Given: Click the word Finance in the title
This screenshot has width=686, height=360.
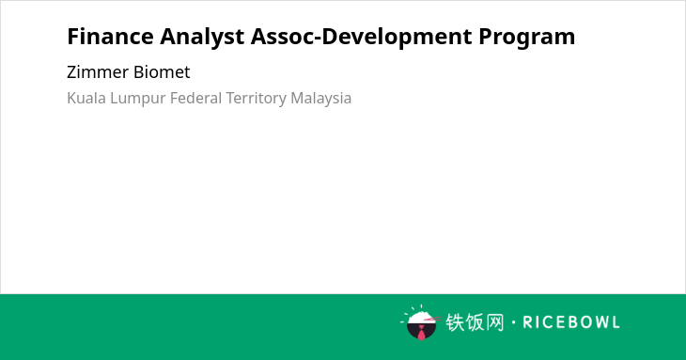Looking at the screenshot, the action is coord(110,37).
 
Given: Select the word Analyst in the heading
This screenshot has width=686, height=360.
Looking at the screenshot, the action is coord(202,38).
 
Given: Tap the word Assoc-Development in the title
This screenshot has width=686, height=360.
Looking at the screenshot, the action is coord(362,38).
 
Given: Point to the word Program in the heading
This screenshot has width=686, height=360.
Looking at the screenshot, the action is coord(527,38).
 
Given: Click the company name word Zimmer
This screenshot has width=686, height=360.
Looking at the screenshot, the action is coord(98,71).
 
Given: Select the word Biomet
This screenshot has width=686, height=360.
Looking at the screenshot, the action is coord(162,71).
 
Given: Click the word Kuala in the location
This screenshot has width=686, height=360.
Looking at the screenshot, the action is coord(86,98).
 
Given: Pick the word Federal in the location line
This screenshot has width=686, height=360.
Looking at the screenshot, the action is coord(195,98).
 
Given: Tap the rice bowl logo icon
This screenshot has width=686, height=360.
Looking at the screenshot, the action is coord(420,322).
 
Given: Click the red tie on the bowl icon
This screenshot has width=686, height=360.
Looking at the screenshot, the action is coord(421,334).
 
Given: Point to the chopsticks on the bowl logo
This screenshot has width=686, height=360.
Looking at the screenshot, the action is coord(432,320).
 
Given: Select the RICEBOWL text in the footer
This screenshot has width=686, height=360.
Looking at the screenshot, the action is coord(571,322).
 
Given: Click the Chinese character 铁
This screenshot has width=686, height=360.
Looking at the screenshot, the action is coord(456,322).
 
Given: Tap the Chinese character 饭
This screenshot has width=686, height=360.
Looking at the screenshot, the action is coord(476,322).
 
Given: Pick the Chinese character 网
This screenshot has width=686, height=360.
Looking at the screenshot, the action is coord(494,322).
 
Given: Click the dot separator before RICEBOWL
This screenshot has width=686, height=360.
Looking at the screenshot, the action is coord(514,322).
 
